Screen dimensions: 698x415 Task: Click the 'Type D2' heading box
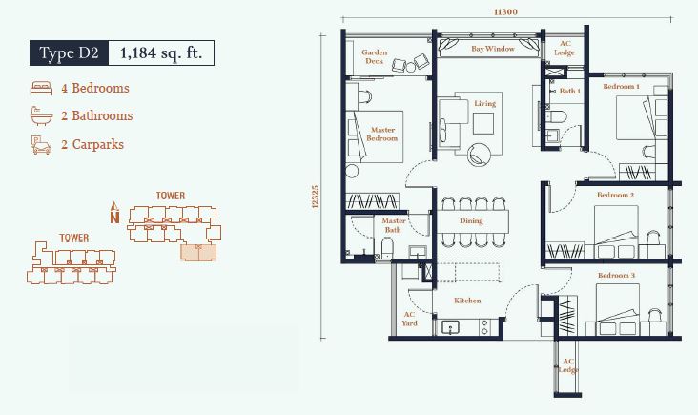point(69,53)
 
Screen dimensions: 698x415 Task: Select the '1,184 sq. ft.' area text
point(161,53)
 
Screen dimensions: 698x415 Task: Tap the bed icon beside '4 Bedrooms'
point(41,88)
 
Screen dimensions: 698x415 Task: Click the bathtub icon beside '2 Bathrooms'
point(41,115)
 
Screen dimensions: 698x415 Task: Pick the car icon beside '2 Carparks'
point(41,145)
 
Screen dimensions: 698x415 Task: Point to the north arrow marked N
point(114,212)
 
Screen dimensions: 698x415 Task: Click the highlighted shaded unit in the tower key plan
point(198,252)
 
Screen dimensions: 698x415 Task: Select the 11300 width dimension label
point(505,12)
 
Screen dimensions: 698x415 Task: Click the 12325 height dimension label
point(316,197)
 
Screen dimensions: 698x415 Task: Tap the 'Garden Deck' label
point(375,56)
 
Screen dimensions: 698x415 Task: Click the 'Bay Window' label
point(493,49)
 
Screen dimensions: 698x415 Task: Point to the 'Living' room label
point(484,103)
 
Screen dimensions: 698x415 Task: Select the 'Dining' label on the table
point(471,220)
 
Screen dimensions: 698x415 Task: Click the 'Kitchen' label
point(467,301)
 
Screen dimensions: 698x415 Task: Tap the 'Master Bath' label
point(393,225)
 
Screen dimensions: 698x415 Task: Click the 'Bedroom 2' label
point(616,195)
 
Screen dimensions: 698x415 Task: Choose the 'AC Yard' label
point(409,319)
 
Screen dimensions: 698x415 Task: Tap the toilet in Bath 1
point(557,116)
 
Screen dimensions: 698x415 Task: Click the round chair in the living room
point(479,155)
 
